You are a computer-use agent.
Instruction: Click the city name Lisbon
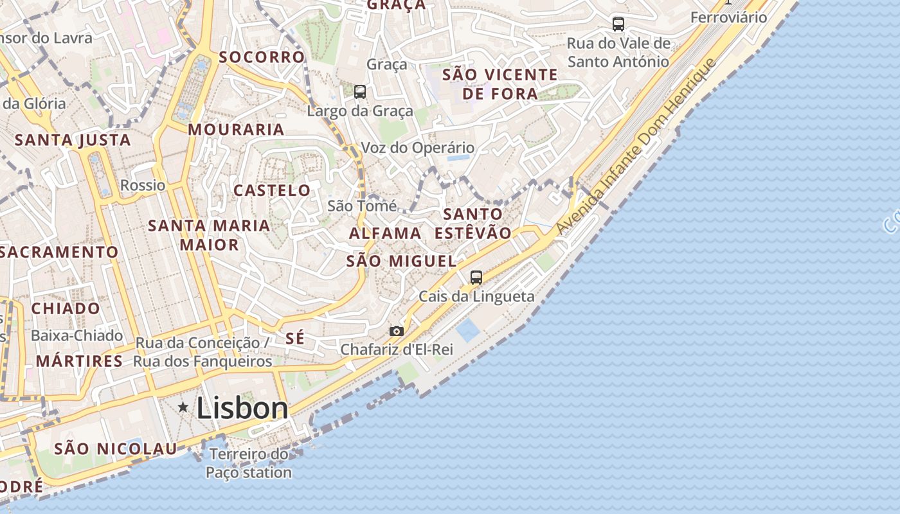[x=242, y=408]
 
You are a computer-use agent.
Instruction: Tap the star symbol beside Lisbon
[x=183, y=407]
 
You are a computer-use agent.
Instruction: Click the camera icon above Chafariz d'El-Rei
[x=397, y=331]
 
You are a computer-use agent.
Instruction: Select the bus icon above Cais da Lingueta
[x=476, y=278]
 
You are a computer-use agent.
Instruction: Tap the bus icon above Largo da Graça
[x=360, y=92]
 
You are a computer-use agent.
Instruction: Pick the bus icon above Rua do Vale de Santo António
[x=618, y=24]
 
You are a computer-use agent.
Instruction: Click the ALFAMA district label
[x=385, y=233]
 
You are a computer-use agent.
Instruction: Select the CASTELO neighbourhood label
[x=272, y=190]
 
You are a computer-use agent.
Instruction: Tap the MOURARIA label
[x=236, y=129]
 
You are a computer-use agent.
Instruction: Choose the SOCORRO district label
[x=262, y=57]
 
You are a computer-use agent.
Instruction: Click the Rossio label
[x=143, y=186]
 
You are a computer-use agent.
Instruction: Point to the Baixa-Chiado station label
[x=76, y=335]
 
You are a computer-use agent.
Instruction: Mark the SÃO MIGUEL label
[x=401, y=261]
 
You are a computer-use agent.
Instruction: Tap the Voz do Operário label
[x=418, y=148]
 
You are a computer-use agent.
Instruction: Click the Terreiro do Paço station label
[x=249, y=463]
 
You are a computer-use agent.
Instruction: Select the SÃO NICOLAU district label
[x=115, y=448]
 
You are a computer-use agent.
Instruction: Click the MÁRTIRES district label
[x=79, y=361]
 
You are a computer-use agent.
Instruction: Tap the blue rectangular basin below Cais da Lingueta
[x=467, y=330]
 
